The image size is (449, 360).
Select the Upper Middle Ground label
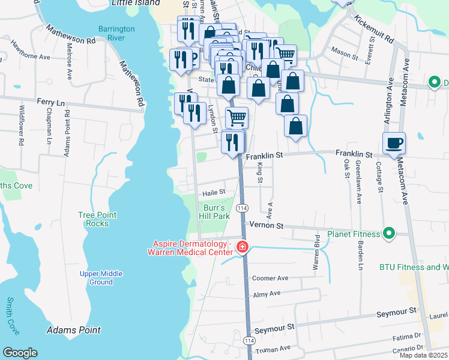101,278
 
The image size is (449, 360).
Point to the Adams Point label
74,330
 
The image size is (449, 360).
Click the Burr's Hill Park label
214,211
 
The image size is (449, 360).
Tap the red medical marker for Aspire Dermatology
242,247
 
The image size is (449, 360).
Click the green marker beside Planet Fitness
389,233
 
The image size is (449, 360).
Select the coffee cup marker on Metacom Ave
394,144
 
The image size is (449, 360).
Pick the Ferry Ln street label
50,103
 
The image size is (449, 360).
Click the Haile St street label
213,192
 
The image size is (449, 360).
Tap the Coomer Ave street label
270,278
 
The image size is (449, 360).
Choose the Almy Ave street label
267,293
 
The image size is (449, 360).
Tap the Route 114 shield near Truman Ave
249,340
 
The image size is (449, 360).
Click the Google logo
20,353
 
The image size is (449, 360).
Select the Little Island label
132,3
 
